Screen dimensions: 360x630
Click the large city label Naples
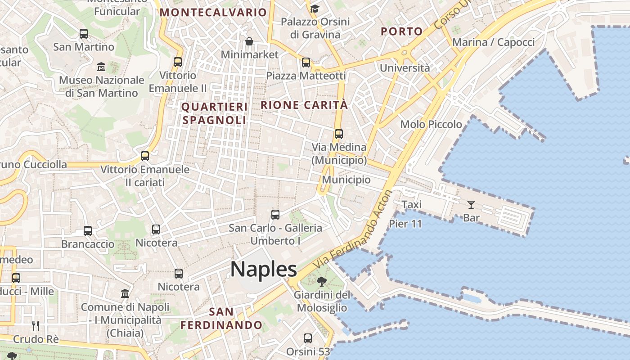[x=264, y=269]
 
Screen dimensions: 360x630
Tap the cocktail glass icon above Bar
[x=471, y=205]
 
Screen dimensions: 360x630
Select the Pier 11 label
[x=405, y=224]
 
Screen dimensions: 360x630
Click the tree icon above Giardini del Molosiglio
[x=321, y=282]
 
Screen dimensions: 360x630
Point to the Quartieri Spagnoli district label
[x=215, y=113]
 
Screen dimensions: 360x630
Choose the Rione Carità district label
[x=304, y=105]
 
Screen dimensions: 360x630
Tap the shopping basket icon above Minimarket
[x=249, y=42]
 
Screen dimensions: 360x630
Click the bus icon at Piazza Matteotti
[x=306, y=63]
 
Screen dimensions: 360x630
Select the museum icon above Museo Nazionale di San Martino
[x=101, y=67]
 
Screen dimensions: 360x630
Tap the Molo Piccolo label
[x=431, y=124]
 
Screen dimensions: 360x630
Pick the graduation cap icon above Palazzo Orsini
[x=315, y=9]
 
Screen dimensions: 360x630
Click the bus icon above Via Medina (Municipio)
[x=339, y=134]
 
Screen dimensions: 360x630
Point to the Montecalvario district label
[x=213, y=13]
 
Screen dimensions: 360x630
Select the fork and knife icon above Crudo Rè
[x=36, y=326]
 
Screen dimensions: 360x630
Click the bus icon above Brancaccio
[x=88, y=231]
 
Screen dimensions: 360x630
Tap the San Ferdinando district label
[x=221, y=318]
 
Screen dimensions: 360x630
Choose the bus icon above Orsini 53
[x=308, y=338]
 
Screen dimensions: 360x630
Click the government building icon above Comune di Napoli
[x=125, y=294]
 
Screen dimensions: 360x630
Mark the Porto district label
[x=401, y=31]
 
